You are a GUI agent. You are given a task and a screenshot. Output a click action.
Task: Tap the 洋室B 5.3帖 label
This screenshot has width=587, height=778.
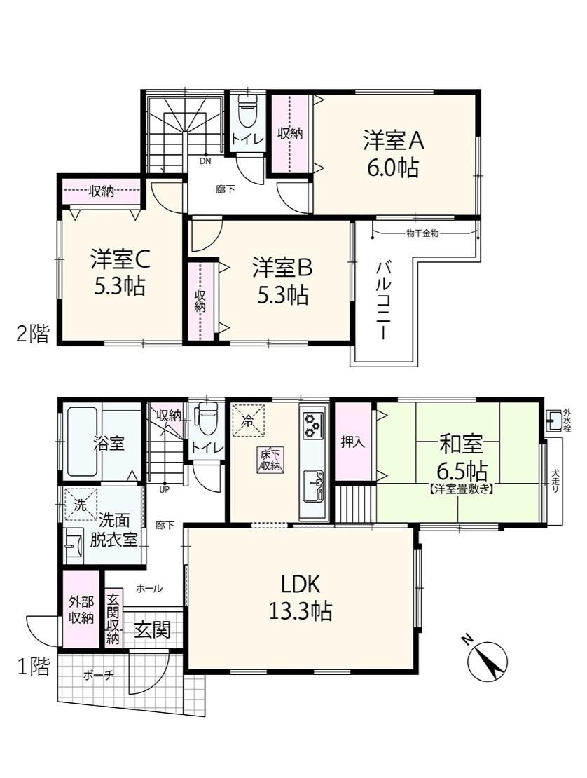pos(282,280)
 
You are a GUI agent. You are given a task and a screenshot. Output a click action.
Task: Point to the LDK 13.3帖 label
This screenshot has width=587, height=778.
pos(301,598)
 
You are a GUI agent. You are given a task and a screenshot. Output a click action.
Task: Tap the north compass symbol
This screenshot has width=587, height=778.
pos(488,657)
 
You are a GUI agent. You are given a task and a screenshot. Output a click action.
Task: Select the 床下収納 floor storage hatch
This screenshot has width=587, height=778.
pos(270,460)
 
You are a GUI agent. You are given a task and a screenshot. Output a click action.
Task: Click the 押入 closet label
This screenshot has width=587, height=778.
pos(352,442)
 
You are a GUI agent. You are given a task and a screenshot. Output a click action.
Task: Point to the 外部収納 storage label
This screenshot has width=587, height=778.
pos(81,610)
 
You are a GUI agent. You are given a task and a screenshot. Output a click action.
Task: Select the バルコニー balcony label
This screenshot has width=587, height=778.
pos(383,301)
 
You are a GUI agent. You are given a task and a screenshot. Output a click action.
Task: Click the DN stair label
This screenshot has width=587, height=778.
pos(205,161)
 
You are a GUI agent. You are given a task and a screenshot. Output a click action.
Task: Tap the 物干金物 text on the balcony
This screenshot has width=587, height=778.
pos(422,233)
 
